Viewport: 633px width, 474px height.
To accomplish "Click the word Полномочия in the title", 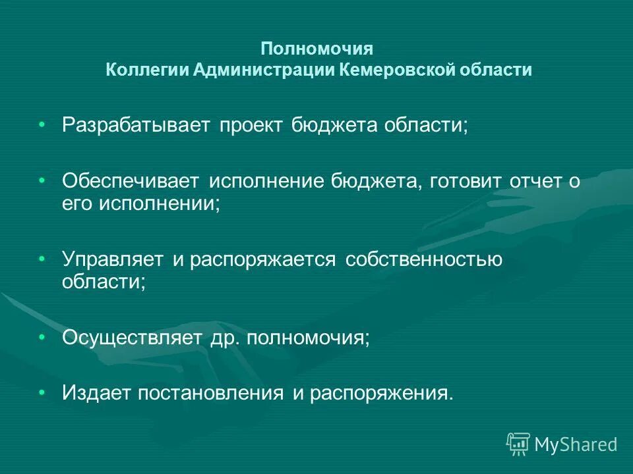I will [317, 49].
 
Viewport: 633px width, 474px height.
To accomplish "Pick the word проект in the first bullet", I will [254, 125].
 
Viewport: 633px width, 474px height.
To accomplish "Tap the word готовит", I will [466, 181].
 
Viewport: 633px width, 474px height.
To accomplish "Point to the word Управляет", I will [113, 260].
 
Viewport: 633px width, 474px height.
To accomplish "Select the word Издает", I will [97, 393].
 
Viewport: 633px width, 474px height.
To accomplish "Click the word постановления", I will [211, 393].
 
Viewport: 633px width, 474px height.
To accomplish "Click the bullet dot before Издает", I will [42, 392].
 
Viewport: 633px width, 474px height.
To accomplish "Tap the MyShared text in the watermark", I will [576, 445].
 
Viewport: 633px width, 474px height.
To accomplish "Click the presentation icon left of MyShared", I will [518, 444].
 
